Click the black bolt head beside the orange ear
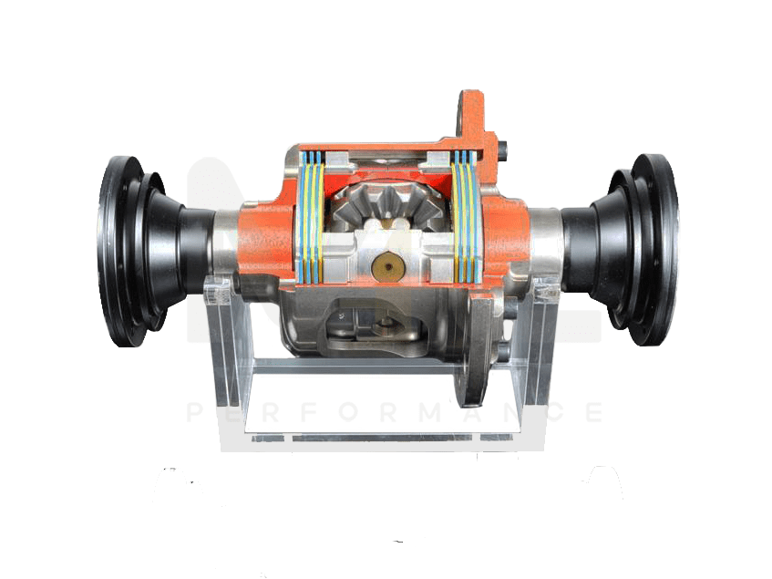504,145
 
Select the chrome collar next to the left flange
226,242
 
